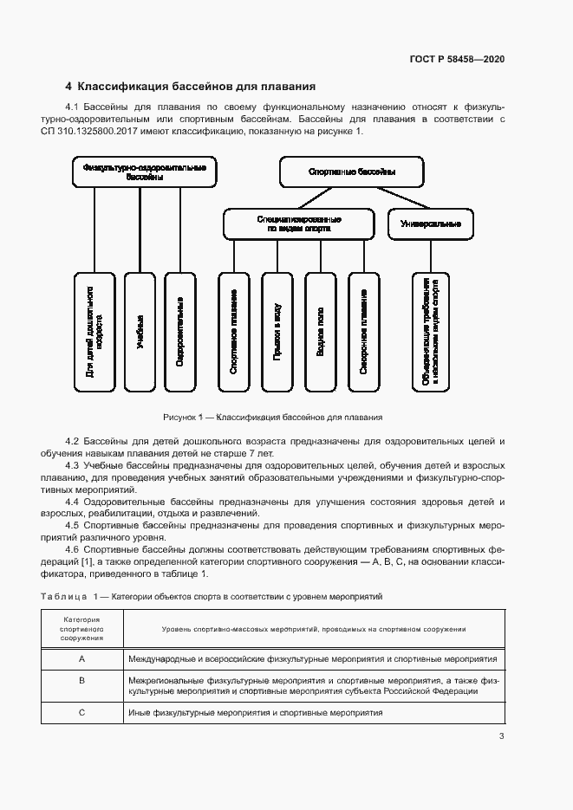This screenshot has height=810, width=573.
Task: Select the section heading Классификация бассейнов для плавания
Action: tap(190, 87)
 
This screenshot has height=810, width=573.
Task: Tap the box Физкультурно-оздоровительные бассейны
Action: tap(143, 171)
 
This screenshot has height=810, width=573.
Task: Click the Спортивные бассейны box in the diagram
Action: tap(351, 172)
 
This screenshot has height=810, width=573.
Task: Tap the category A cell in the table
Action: tap(81, 658)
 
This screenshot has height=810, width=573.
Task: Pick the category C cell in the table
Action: tap(81, 711)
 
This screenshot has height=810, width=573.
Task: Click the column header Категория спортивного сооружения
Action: tap(81, 628)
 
